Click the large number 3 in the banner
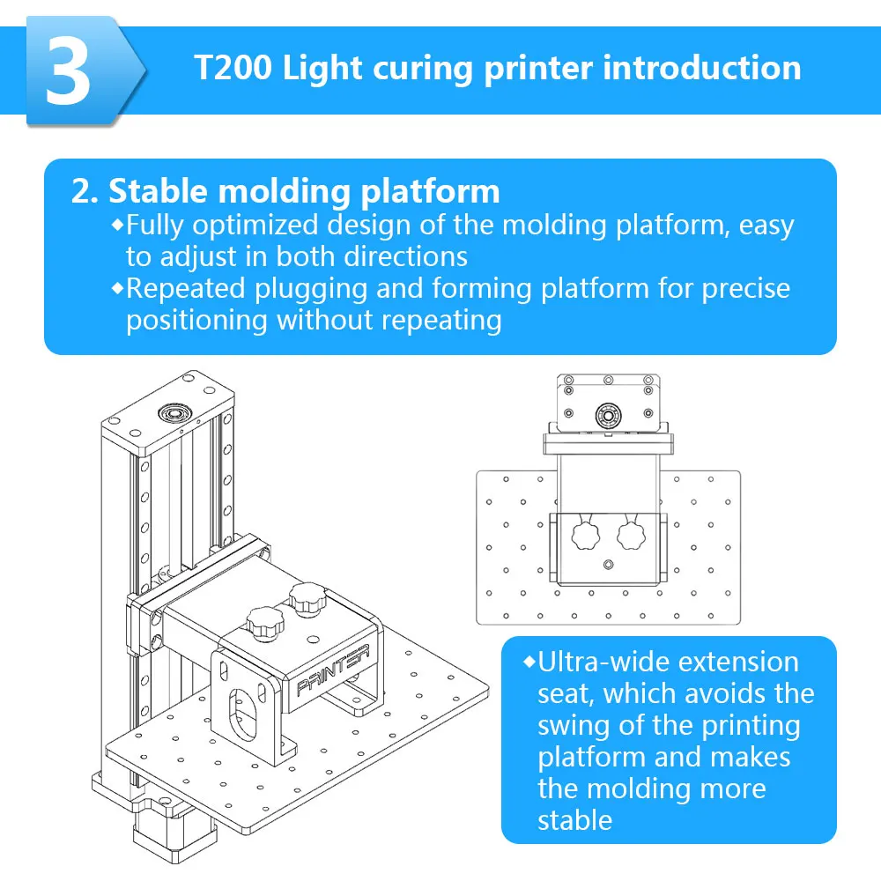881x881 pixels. [x=68, y=71]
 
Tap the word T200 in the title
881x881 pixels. [x=233, y=68]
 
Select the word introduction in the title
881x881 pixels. [x=702, y=68]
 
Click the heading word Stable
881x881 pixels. [x=158, y=191]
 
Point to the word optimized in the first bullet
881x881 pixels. [x=255, y=226]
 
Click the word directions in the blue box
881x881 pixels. [x=405, y=256]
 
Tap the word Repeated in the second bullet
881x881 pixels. [x=185, y=289]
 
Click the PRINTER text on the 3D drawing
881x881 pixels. [x=333, y=670]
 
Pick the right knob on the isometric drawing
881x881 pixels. [x=307, y=598]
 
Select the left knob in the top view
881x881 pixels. [x=586, y=535]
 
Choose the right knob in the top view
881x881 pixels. [x=631, y=535]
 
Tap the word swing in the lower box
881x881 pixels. [x=574, y=727]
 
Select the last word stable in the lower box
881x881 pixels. [x=574, y=821]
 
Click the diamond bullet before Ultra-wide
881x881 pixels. [x=529, y=662]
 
